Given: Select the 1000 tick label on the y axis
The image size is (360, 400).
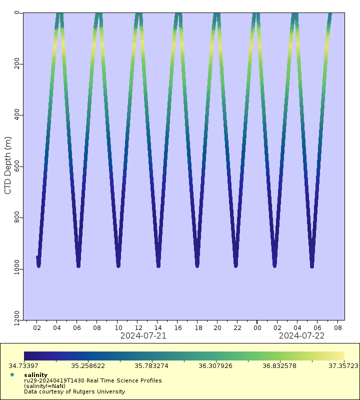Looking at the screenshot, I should pos(17,269).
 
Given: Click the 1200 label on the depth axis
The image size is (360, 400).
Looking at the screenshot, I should pos(17,320).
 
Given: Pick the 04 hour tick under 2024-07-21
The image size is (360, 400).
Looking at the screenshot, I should pos(57,328).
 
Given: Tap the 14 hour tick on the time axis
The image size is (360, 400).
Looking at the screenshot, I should pos(157,328).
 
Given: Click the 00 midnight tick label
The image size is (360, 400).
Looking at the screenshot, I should pos(257,328).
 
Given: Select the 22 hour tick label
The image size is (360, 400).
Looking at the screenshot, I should pos(237,328).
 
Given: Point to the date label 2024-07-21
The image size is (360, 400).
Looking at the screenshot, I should pos(143,336).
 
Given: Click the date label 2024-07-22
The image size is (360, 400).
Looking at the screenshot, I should pos(301,336).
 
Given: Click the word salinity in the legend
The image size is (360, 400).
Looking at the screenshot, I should pos(35,374).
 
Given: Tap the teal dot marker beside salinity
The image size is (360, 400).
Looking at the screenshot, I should pos(12,374).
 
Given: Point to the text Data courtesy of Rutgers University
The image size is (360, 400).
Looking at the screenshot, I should pos(74,391).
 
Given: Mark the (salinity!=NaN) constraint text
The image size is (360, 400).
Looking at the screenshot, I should pos(44,386).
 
